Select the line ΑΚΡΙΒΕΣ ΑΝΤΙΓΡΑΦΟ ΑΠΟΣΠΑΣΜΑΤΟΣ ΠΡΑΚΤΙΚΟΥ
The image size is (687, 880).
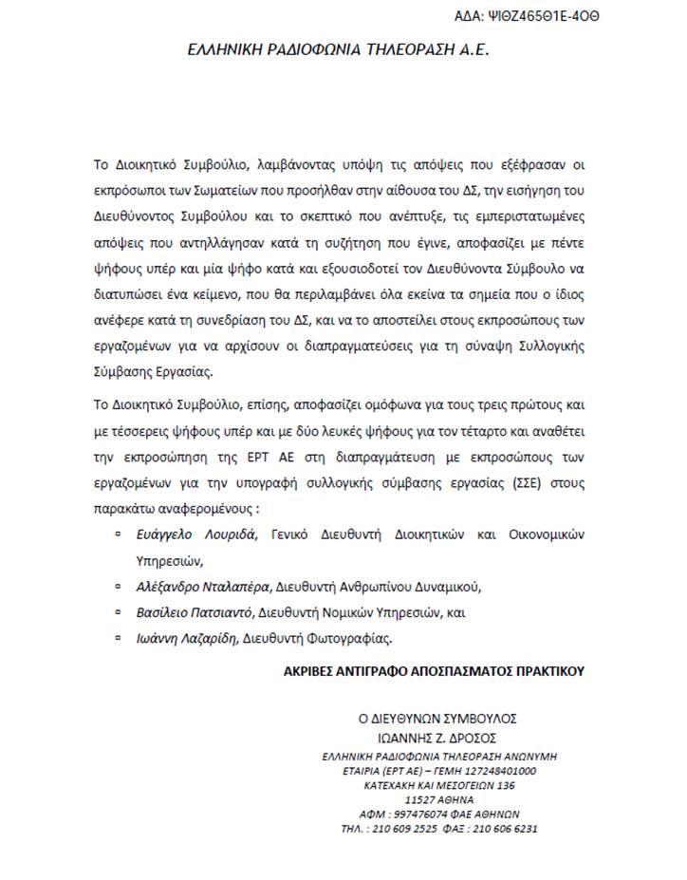pyautogui.click(x=435, y=671)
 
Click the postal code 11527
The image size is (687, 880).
pyautogui.click(x=419, y=799)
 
